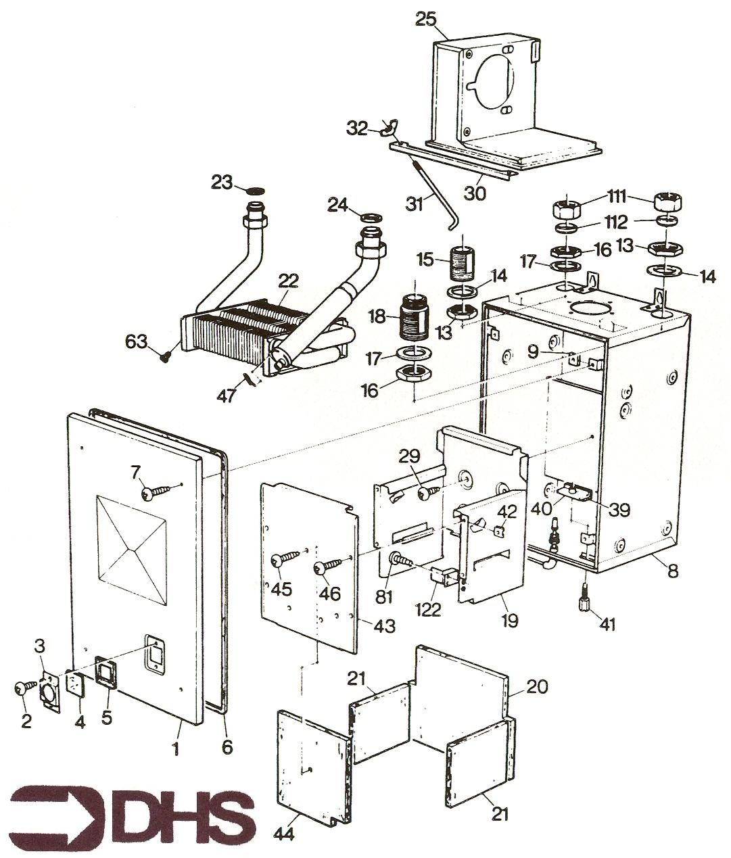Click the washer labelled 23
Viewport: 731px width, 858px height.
coord(254,191)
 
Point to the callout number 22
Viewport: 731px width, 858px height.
coord(288,281)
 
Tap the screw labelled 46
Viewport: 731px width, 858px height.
coord(329,565)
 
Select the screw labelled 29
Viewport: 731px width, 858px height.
coord(429,493)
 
